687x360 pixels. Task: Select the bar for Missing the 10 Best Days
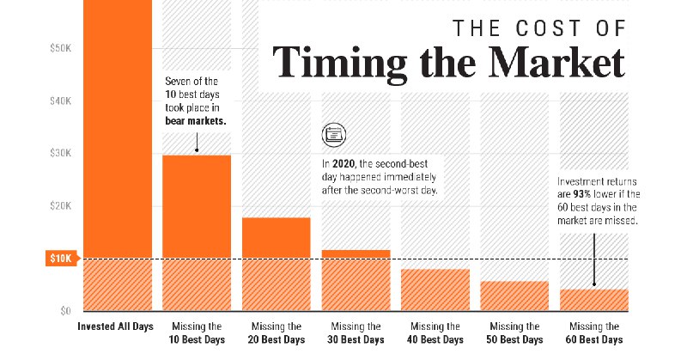click(x=197, y=232)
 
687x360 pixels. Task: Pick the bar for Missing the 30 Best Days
click(x=355, y=280)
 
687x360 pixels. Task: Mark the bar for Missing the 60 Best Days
click(x=593, y=300)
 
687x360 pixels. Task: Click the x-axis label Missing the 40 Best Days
click(x=435, y=333)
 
